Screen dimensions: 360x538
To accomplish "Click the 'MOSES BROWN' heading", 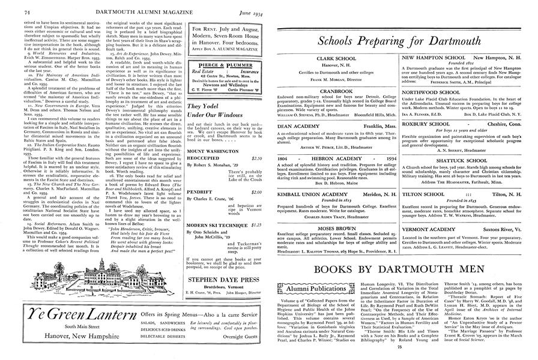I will coord(335,212).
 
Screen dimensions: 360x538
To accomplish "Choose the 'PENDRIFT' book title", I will coord(201,192).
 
